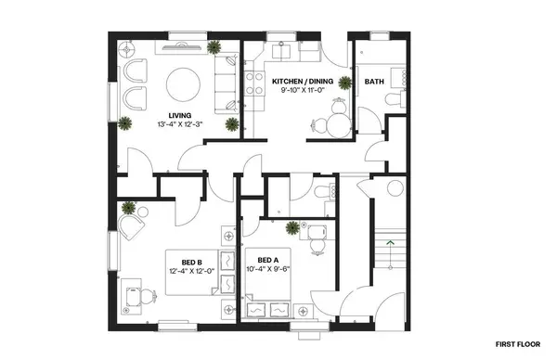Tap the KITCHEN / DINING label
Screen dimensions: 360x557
302,81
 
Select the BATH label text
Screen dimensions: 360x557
375,81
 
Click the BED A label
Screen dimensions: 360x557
267,260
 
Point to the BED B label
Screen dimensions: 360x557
192,261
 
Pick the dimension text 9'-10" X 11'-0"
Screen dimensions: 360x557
302,91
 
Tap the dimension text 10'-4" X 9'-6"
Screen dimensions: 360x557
267,270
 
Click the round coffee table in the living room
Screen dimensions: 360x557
182,86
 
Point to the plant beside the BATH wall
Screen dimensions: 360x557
346,84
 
